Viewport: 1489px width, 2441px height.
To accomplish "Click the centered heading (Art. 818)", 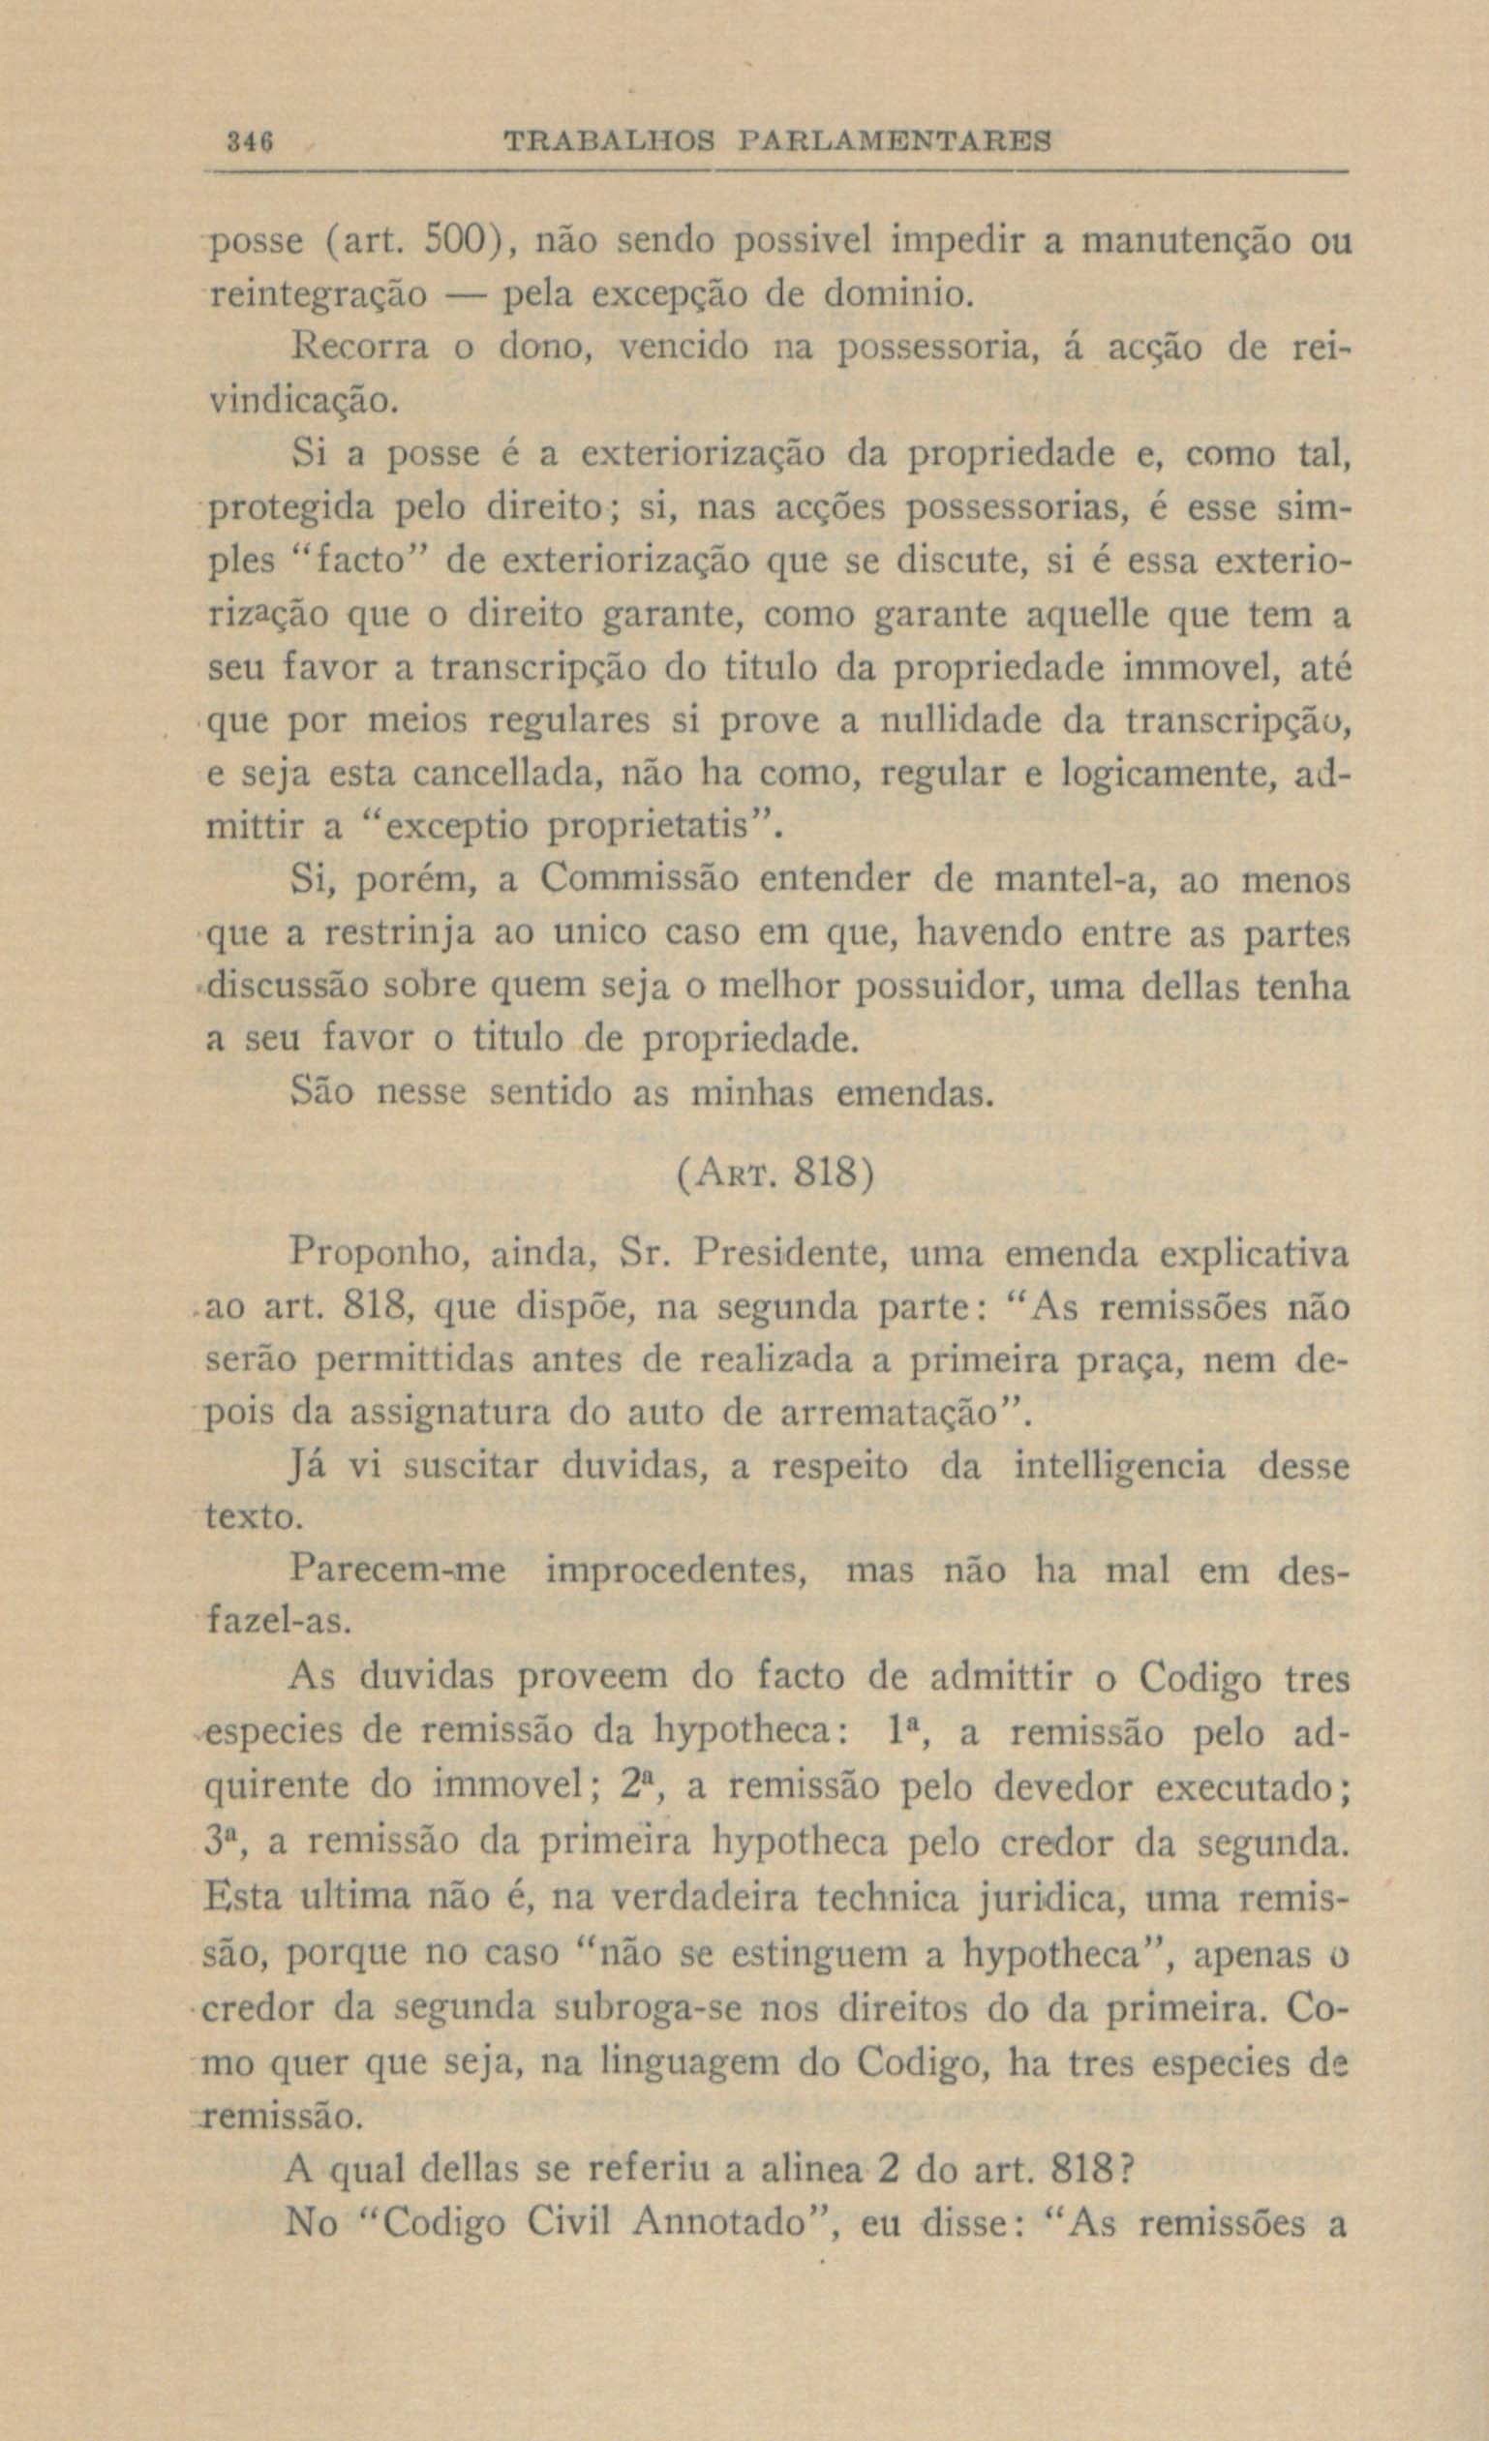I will click(x=774, y=1179).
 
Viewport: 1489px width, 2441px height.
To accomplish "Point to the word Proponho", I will click(x=380, y=1253).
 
